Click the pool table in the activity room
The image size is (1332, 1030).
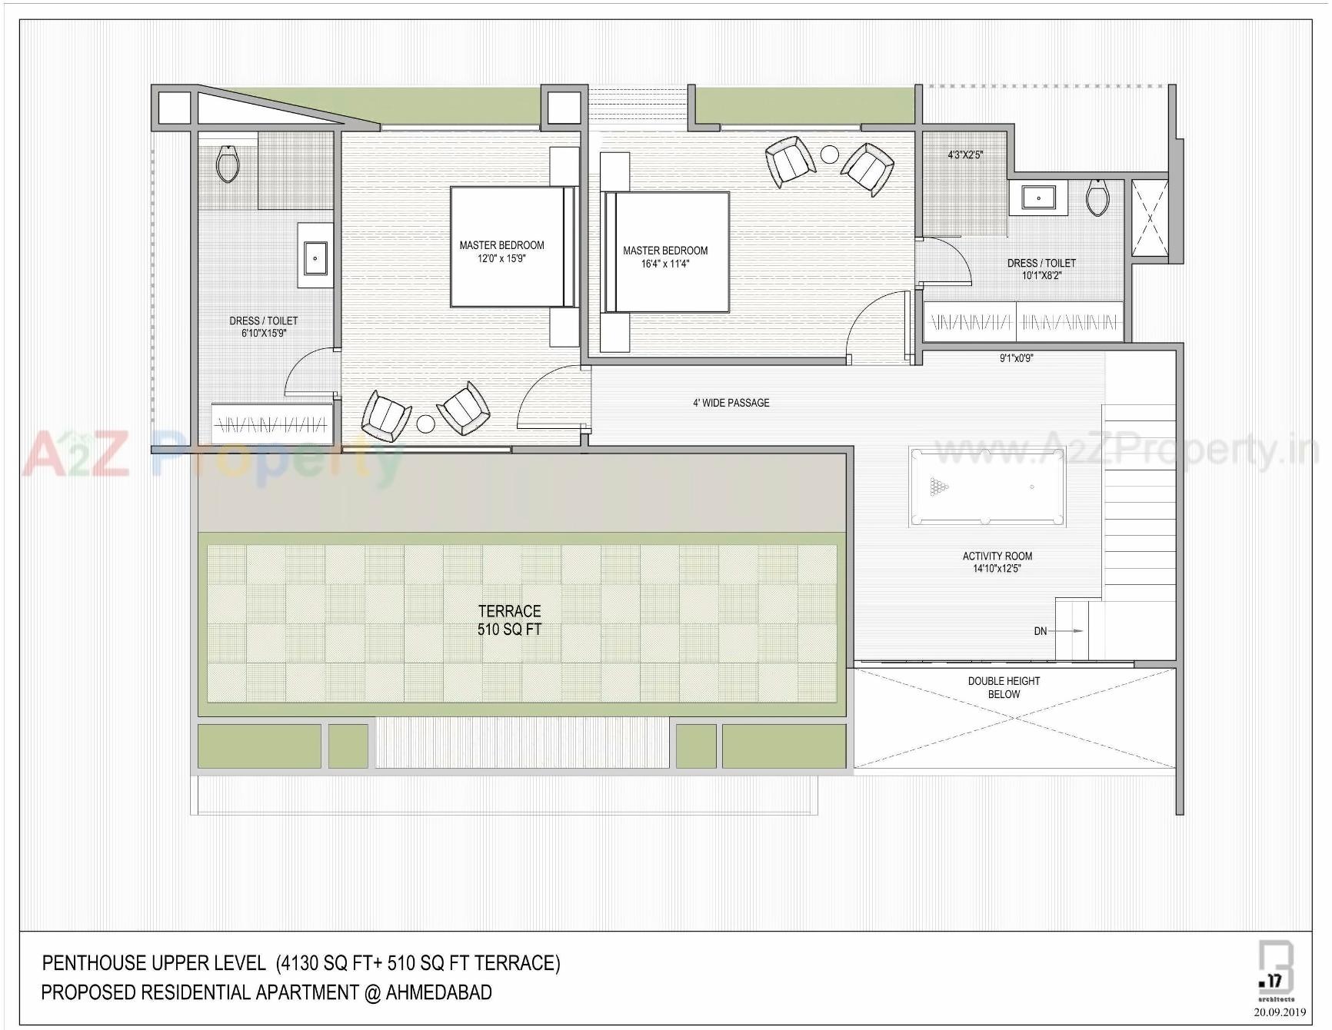[x=987, y=487]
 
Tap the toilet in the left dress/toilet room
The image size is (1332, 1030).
[x=228, y=164]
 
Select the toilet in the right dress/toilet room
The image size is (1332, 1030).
[x=1097, y=198]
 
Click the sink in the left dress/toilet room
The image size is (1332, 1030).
[x=315, y=258]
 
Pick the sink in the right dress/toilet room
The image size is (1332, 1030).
[x=1038, y=198]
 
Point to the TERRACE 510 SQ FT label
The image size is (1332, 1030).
[x=509, y=620]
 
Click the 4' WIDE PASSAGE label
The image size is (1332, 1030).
[x=731, y=403]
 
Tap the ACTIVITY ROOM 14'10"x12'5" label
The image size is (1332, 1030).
[x=997, y=562]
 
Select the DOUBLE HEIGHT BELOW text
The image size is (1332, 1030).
[x=1004, y=687]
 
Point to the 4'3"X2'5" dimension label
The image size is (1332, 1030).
[x=964, y=155]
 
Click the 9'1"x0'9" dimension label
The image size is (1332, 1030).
[x=1016, y=358]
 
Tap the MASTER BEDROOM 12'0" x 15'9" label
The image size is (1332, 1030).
[x=501, y=251]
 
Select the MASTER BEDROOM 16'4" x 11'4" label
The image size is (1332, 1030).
[x=665, y=257]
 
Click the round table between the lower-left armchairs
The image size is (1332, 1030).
[x=425, y=424]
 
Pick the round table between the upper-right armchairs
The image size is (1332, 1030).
[x=829, y=154]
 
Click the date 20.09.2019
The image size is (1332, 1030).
[x=1279, y=1012]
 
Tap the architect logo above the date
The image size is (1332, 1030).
[x=1275, y=970]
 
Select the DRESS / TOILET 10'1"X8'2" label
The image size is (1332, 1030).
[x=1041, y=269]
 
